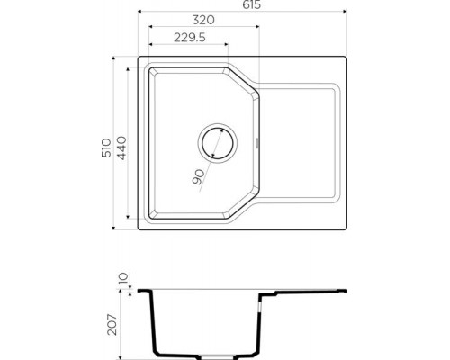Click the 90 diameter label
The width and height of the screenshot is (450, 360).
click(x=198, y=177)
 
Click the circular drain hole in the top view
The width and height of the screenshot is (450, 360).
click(x=216, y=142)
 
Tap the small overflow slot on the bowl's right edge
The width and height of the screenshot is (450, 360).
click(x=259, y=142)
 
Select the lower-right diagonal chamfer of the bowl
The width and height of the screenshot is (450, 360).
click(x=244, y=206)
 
